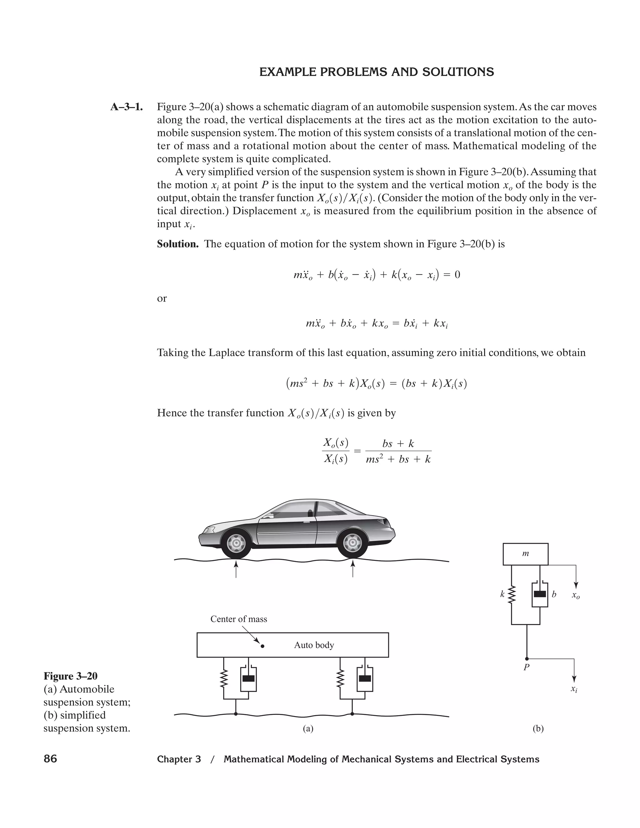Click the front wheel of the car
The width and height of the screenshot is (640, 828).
pos(236,544)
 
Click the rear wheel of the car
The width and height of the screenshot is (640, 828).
pos(352,544)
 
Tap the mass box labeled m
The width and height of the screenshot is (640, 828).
pos(525,554)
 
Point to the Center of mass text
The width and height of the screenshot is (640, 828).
pos(238,619)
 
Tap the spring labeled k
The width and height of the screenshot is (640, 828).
pos(512,595)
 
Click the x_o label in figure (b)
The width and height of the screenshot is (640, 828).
pos(576,596)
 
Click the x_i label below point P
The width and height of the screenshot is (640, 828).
pos(574,689)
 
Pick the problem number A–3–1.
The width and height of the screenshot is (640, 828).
pos(126,107)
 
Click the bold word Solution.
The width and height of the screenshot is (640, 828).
pos(178,244)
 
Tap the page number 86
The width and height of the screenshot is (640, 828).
pos(50,759)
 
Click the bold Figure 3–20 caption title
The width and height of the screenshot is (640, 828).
pos(71,676)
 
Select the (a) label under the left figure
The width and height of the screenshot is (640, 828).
pos(308,728)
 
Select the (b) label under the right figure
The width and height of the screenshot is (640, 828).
pos(538,728)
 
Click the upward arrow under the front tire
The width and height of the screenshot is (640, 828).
pos(236,569)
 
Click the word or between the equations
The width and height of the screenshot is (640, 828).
pos(162,298)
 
